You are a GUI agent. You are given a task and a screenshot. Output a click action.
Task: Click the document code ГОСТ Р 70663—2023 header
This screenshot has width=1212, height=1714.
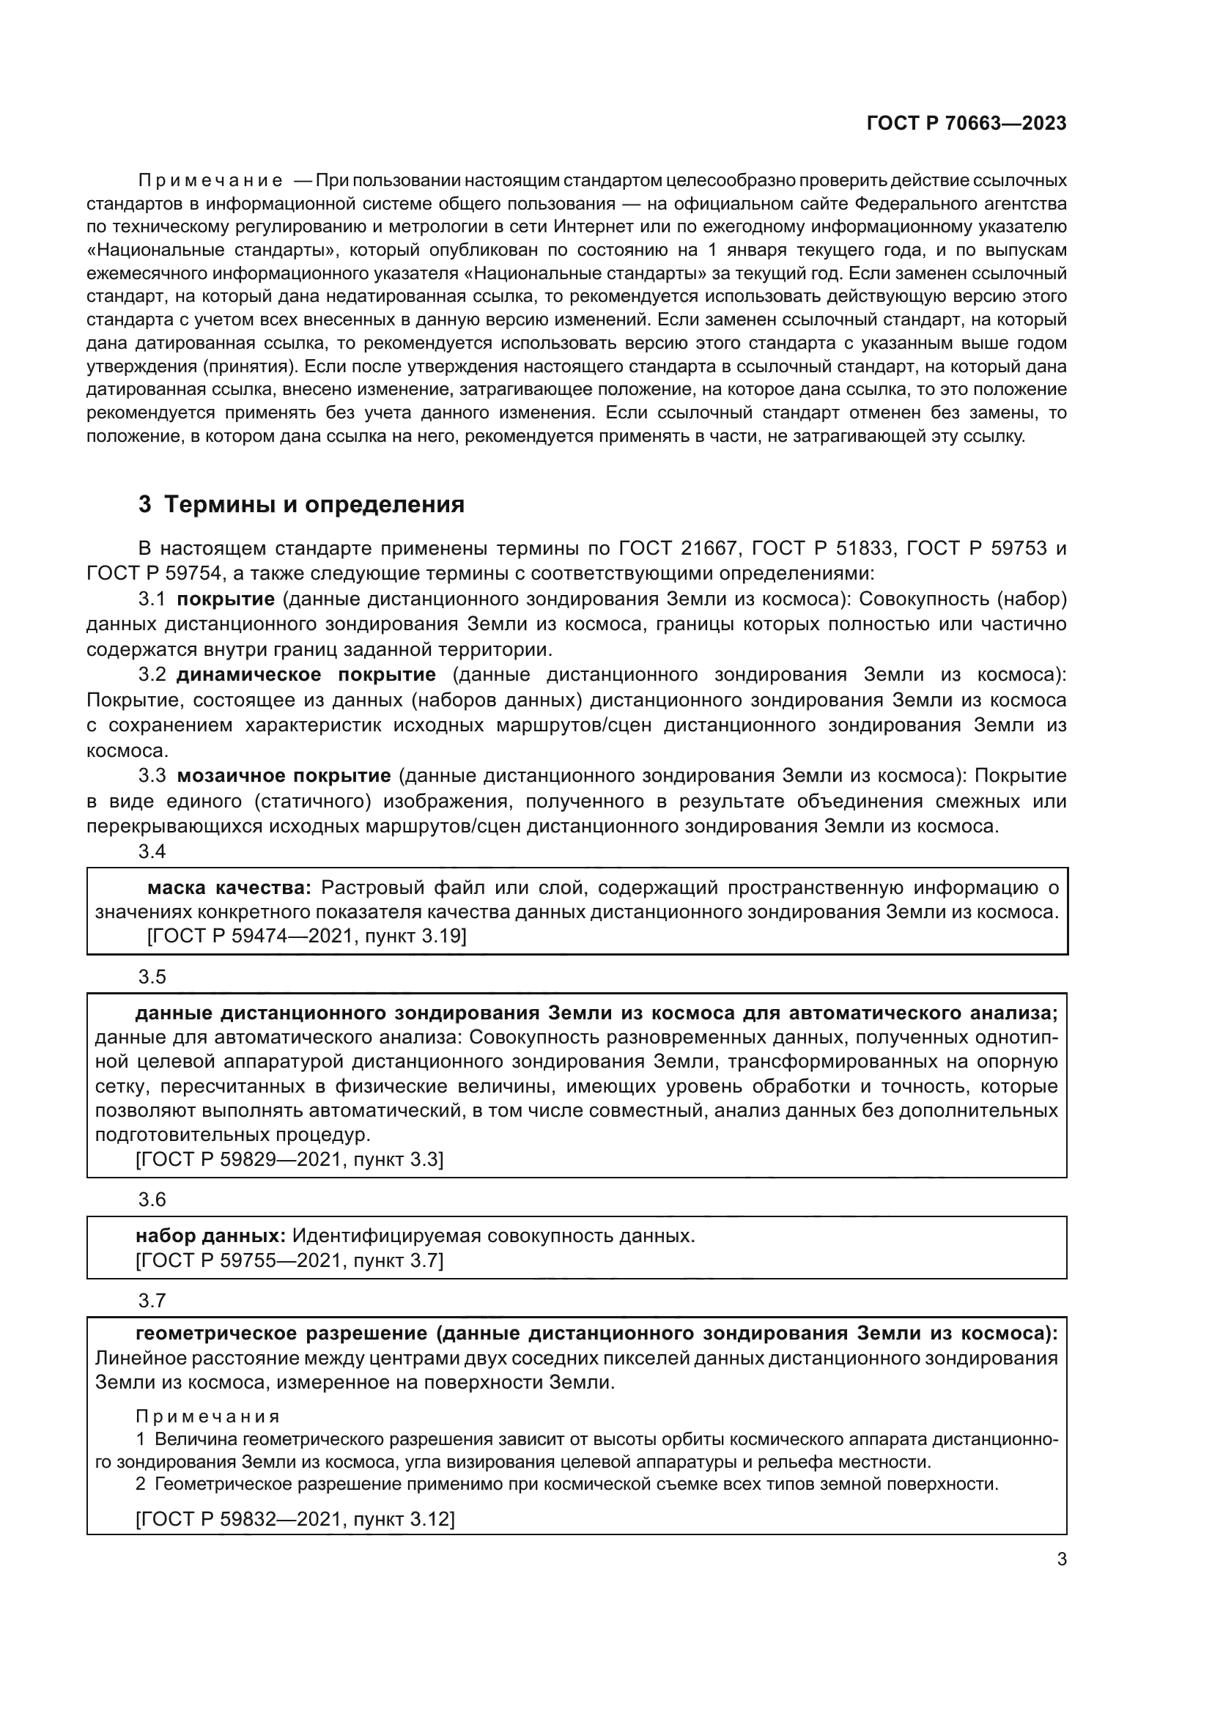966,123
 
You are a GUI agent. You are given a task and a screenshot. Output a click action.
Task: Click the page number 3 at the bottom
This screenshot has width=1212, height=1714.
1061,1559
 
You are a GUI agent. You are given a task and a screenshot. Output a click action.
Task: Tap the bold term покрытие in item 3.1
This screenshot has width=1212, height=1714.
226,599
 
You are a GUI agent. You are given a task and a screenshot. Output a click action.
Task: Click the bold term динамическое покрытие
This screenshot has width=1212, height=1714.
306,675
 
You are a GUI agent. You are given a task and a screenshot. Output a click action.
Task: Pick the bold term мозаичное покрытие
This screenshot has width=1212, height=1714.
284,775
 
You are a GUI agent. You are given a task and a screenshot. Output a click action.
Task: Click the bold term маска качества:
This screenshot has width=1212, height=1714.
229,887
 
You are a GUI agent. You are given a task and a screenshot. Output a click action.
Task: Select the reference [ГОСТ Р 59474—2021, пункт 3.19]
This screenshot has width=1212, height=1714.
307,936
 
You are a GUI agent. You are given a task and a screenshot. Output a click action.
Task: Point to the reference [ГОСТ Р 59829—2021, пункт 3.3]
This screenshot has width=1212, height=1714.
289,1159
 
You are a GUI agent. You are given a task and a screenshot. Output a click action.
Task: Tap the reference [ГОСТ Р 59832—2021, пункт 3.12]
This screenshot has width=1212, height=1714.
295,1518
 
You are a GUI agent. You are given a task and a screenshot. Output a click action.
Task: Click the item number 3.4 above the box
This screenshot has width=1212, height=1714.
152,851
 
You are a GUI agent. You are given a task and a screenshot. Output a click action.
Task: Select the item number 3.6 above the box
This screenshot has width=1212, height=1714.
152,1199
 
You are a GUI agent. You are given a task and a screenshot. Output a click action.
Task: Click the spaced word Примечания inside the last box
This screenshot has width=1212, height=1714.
207,1416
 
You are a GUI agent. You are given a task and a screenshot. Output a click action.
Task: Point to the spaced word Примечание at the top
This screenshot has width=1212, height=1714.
210,181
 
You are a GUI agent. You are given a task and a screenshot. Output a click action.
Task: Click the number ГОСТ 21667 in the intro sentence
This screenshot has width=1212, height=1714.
678,549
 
